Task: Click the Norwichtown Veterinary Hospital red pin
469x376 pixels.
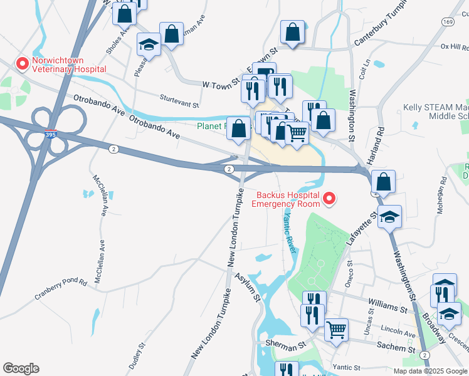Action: point(23,63)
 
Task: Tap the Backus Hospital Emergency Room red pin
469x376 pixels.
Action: point(329,199)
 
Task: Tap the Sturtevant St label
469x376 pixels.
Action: point(179,102)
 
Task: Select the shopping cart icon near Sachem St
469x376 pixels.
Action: point(337,329)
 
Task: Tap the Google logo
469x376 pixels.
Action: point(21,368)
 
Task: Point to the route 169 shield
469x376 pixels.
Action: point(447,22)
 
